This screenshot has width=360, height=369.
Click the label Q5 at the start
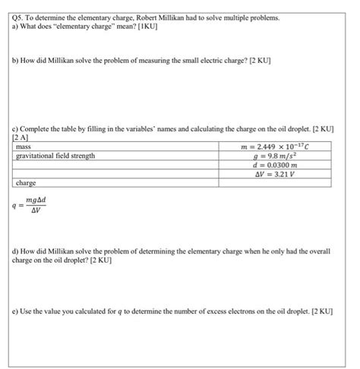coord(21,16)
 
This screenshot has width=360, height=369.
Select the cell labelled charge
coord(28,183)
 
